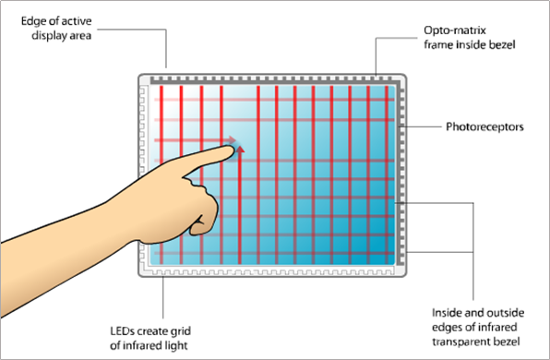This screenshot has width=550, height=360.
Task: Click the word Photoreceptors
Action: (484, 126)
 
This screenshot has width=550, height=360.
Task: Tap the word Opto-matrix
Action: (455, 30)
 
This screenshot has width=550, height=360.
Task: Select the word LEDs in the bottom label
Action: (122, 330)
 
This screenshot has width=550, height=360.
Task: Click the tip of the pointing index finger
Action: (233, 150)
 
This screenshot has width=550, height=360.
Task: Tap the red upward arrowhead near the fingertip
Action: (240, 150)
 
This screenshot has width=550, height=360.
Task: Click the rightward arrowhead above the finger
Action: (232, 140)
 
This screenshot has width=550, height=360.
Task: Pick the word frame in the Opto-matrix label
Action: (438, 45)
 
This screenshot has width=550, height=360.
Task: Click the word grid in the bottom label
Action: (181, 331)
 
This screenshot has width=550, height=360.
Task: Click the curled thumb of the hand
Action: (203, 224)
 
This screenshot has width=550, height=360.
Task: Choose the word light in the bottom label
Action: (176, 346)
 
